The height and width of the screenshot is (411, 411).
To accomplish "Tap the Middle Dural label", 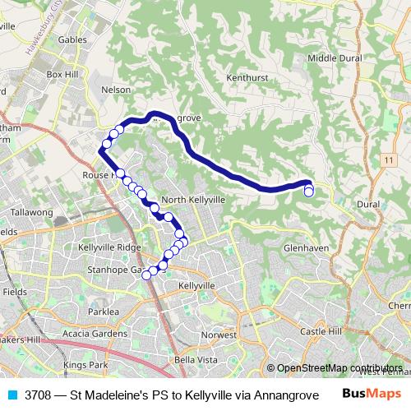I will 335,58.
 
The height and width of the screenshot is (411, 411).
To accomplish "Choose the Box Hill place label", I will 61,74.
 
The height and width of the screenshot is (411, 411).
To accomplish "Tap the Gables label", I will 72,39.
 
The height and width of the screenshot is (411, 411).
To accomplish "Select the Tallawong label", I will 32,212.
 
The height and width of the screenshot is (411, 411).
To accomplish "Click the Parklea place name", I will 104,312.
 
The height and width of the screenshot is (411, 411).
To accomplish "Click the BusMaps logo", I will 372,394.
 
